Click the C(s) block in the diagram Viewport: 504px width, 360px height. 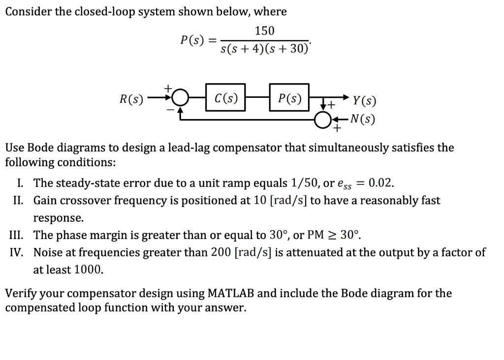point(225,97)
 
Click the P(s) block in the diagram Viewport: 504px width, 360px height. point(289,97)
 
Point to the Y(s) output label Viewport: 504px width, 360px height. point(365,102)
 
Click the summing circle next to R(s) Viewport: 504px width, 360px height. point(181,98)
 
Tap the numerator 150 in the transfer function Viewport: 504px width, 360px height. point(264,31)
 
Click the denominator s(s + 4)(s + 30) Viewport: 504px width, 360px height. point(264,49)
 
